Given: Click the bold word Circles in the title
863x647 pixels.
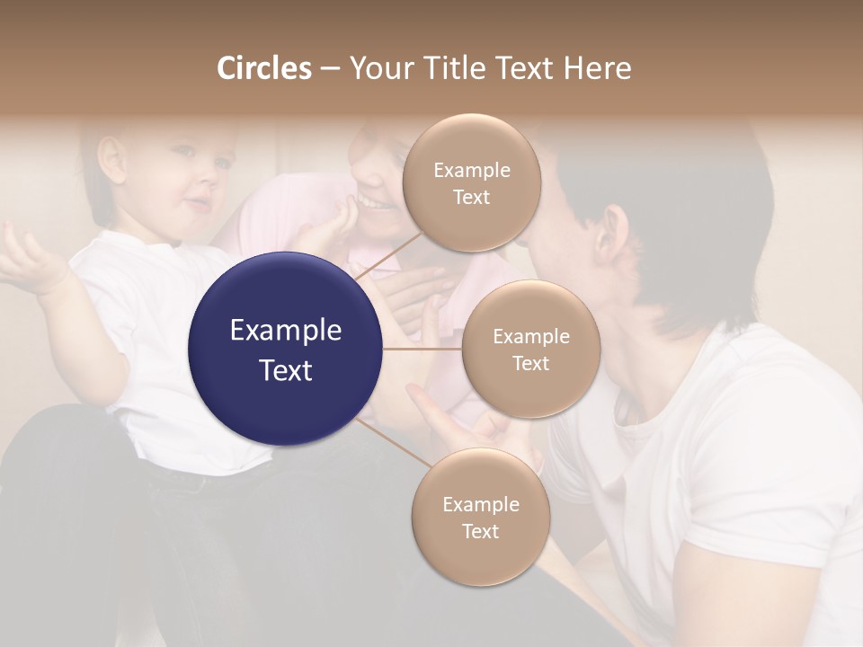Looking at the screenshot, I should click(x=263, y=68).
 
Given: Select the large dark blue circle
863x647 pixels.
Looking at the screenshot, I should click(x=285, y=349).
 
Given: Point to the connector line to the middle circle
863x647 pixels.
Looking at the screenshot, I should click(x=423, y=349).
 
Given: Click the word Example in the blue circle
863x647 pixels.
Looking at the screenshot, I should click(x=285, y=331).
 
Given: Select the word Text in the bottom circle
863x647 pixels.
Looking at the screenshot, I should click(x=480, y=532).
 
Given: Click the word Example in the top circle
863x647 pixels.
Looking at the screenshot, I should click(x=471, y=171).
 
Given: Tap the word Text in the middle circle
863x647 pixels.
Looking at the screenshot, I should click(x=530, y=364).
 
